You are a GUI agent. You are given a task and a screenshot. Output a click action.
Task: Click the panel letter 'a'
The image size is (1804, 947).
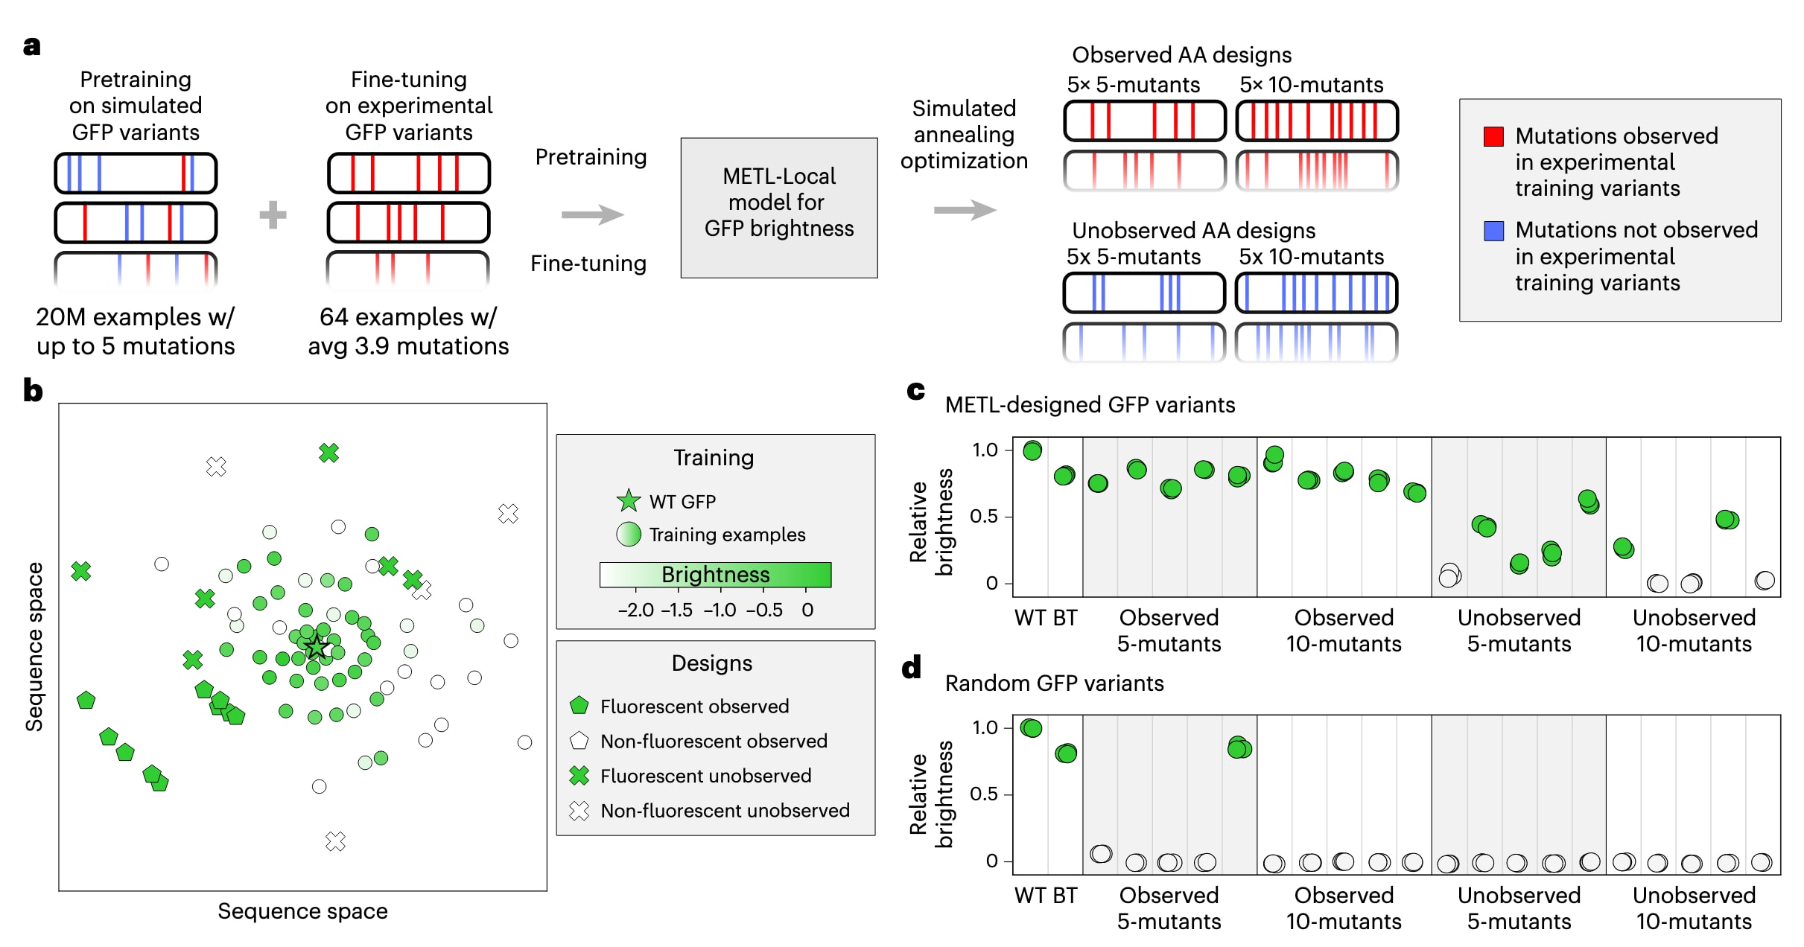31,47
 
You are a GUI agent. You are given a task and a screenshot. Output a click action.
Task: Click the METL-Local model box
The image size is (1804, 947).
779,208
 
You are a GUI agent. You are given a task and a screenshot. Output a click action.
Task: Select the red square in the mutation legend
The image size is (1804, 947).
1493,136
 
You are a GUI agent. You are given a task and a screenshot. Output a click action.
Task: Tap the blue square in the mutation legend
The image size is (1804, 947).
1493,231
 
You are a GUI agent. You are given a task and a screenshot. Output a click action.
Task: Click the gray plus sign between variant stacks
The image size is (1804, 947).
273,215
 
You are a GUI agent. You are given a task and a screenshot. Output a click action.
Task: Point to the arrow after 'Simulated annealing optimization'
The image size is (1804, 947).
965,210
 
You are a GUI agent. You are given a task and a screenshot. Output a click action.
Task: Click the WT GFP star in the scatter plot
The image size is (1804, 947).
317,647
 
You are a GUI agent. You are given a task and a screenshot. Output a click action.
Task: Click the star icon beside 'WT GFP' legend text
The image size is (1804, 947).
629,500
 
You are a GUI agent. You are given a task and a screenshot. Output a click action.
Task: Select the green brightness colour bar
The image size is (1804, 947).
715,575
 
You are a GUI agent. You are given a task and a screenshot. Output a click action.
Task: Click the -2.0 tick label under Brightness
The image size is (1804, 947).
635,610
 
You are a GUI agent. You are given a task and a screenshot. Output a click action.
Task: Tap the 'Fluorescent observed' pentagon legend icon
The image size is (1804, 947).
579,705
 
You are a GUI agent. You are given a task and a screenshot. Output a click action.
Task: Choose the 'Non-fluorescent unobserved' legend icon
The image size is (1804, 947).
579,810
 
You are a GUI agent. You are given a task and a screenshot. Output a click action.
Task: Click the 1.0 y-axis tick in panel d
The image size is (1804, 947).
985,727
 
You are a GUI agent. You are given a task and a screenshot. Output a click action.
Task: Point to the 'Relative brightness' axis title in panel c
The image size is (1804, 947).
931,522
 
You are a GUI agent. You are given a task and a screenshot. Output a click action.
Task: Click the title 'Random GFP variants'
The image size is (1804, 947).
1054,683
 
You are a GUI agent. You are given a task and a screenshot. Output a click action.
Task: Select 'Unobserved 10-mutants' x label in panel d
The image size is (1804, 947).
1694,908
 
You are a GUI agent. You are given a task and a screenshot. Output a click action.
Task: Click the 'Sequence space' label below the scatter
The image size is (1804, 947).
302,911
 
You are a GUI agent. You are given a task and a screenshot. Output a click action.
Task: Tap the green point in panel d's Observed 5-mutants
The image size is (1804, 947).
1239,747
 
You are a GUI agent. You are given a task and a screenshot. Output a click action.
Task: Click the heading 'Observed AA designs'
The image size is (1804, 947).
1181,55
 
